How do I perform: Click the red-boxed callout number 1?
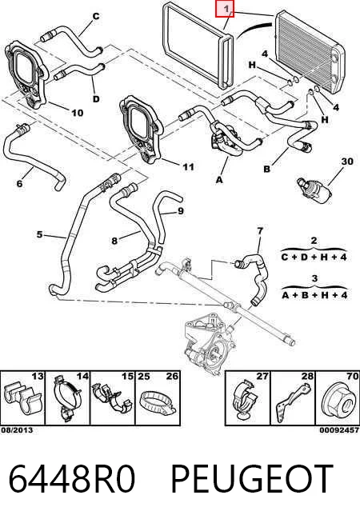[x=225, y=9]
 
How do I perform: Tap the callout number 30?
[x=347, y=162]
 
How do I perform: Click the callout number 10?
[x=77, y=113]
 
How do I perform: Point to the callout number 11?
[x=188, y=167]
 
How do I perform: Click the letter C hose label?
[x=96, y=16]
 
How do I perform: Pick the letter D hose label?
[x=96, y=99]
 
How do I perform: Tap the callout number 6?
[x=20, y=183]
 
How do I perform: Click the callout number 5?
[x=40, y=234]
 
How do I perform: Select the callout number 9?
[x=181, y=211]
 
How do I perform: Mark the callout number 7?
[x=260, y=230]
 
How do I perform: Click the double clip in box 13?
[x=22, y=398]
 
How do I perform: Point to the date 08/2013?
[x=17, y=430]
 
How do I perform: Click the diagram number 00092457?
[x=339, y=430]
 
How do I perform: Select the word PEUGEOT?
[x=252, y=479]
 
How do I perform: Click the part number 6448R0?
[x=71, y=479]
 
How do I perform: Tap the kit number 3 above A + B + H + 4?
[x=314, y=278]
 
